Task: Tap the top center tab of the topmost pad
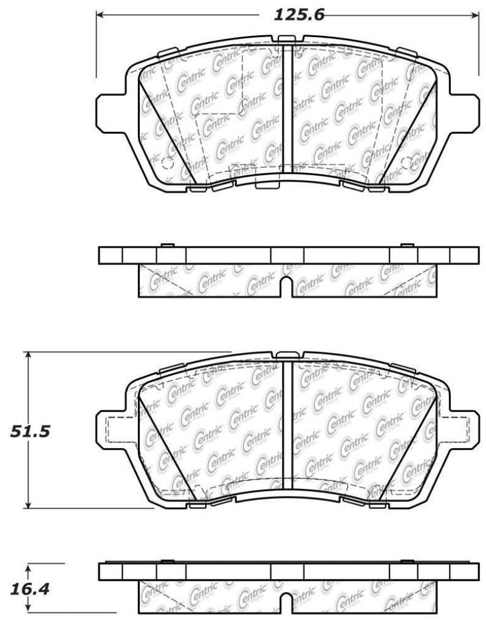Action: (x=286, y=40)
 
